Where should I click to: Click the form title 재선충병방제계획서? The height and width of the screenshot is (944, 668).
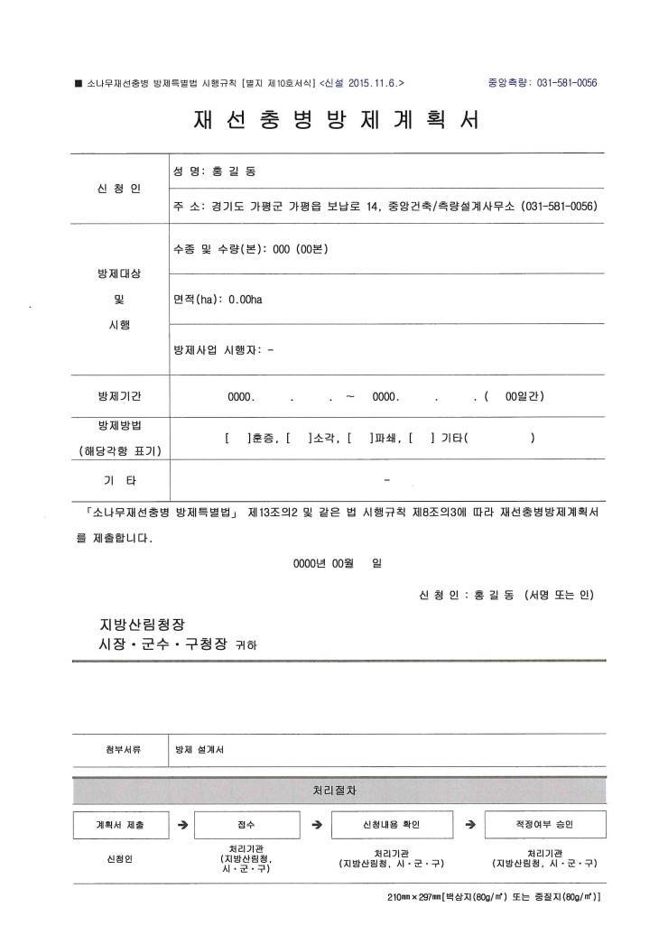click(335, 120)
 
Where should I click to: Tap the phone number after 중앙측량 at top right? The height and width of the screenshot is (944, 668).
click(567, 82)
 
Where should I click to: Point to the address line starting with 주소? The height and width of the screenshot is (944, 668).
click(386, 207)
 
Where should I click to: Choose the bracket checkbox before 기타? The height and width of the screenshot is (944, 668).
click(422, 439)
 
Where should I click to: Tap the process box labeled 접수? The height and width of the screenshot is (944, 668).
click(246, 825)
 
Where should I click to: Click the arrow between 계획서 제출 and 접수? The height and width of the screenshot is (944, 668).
click(182, 825)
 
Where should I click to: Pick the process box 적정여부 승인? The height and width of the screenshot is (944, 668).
click(544, 825)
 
